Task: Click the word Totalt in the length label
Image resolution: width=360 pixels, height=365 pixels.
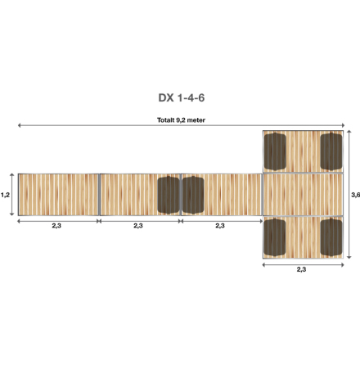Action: (x=168, y=119)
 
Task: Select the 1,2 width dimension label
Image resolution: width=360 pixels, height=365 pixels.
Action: (x=6, y=195)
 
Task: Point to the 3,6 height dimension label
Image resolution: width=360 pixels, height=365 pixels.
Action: (x=353, y=195)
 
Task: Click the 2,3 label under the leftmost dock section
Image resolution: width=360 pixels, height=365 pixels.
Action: (x=56, y=226)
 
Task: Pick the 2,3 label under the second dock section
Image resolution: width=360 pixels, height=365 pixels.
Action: (x=138, y=226)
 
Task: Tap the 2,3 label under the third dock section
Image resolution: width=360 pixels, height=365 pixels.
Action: (x=219, y=226)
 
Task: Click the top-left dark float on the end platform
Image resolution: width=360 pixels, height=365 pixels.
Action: (x=274, y=151)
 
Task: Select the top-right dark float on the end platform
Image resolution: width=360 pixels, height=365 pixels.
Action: (x=330, y=151)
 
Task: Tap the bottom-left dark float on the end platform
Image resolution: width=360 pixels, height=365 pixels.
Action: (x=274, y=237)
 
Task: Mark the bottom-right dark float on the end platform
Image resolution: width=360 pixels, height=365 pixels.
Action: (x=330, y=237)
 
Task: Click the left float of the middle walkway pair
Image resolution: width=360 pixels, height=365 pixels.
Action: (x=169, y=195)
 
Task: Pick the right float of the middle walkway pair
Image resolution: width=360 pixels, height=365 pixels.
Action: (x=193, y=195)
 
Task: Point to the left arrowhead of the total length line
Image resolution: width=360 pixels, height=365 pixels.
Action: (x=19, y=125)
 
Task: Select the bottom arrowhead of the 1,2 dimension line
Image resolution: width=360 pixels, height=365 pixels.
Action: (x=12, y=214)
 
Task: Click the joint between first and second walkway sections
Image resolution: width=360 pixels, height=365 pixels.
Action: (x=99, y=195)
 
